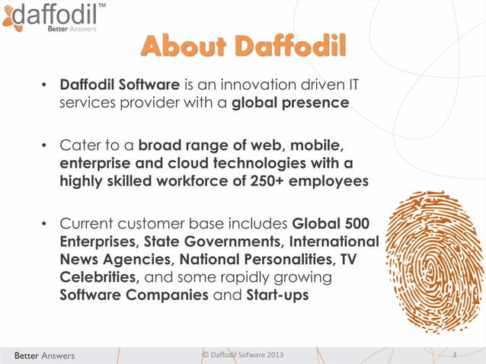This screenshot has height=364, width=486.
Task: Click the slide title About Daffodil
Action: (x=243, y=45)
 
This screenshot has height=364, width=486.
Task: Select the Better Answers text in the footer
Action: (x=43, y=355)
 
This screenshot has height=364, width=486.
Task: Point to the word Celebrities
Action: (x=98, y=276)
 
